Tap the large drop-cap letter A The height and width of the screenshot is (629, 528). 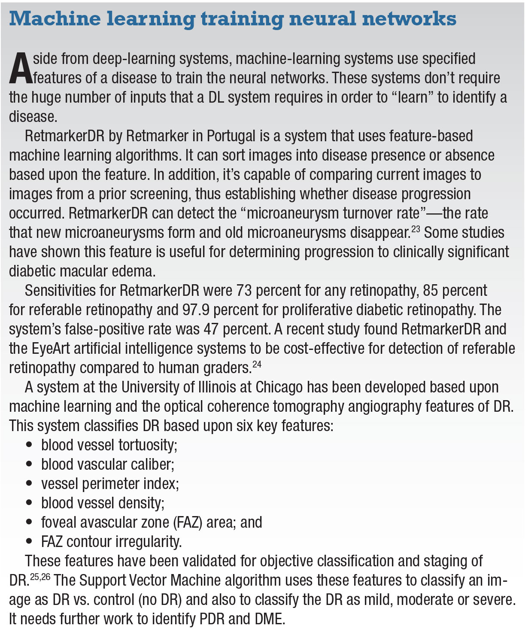click(x=20, y=69)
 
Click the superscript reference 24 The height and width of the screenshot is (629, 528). click(x=257, y=365)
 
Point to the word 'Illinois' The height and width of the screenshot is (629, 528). click(x=212, y=387)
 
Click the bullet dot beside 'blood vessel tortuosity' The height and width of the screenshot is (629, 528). click(x=29, y=445)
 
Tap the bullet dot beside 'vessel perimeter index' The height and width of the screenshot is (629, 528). click(x=29, y=484)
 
